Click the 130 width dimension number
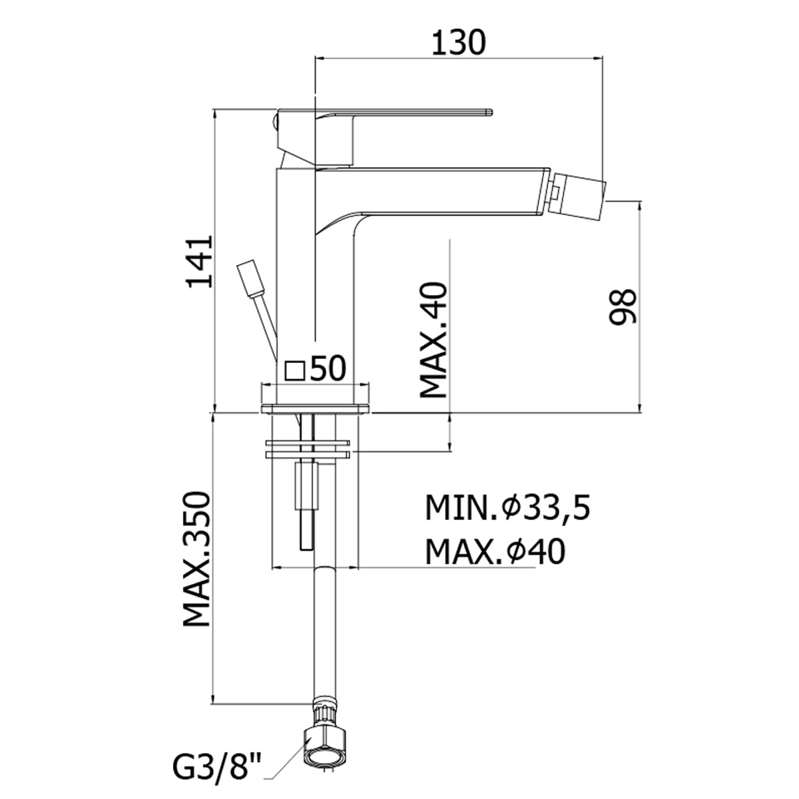[x=458, y=43]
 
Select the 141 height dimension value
[x=200, y=262]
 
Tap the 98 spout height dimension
[x=623, y=306]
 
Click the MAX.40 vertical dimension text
[x=433, y=340]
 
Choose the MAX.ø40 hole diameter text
[x=495, y=552]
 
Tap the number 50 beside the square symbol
[x=328, y=368]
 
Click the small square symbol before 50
[x=295, y=370]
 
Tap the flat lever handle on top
[x=384, y=112]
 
